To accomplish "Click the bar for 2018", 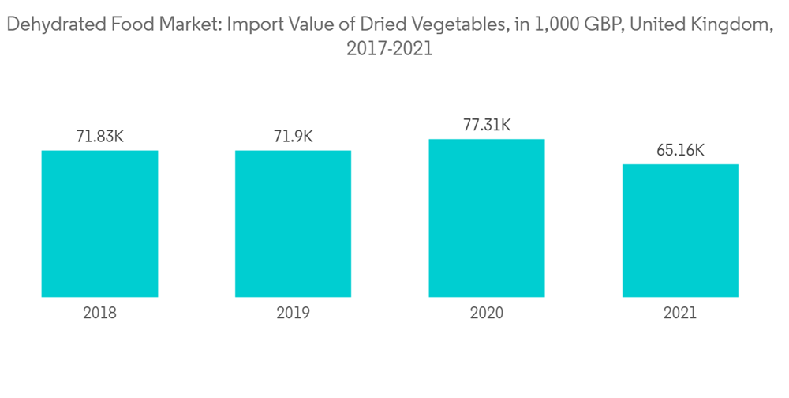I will (99, 223).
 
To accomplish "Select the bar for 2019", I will (293, 223).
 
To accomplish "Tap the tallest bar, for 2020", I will (486, 218).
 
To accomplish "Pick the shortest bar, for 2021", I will (680, 231).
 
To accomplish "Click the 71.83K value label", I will (99, 136).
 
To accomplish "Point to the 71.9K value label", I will (293, 136).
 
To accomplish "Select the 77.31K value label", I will (486, 125).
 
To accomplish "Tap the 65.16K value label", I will (680, 150).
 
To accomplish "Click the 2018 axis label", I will (99, 313).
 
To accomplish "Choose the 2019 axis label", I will (293, 313).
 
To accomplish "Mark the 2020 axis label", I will (486, 313).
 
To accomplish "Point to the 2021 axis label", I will (680, 313).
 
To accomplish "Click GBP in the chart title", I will (600, 24).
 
